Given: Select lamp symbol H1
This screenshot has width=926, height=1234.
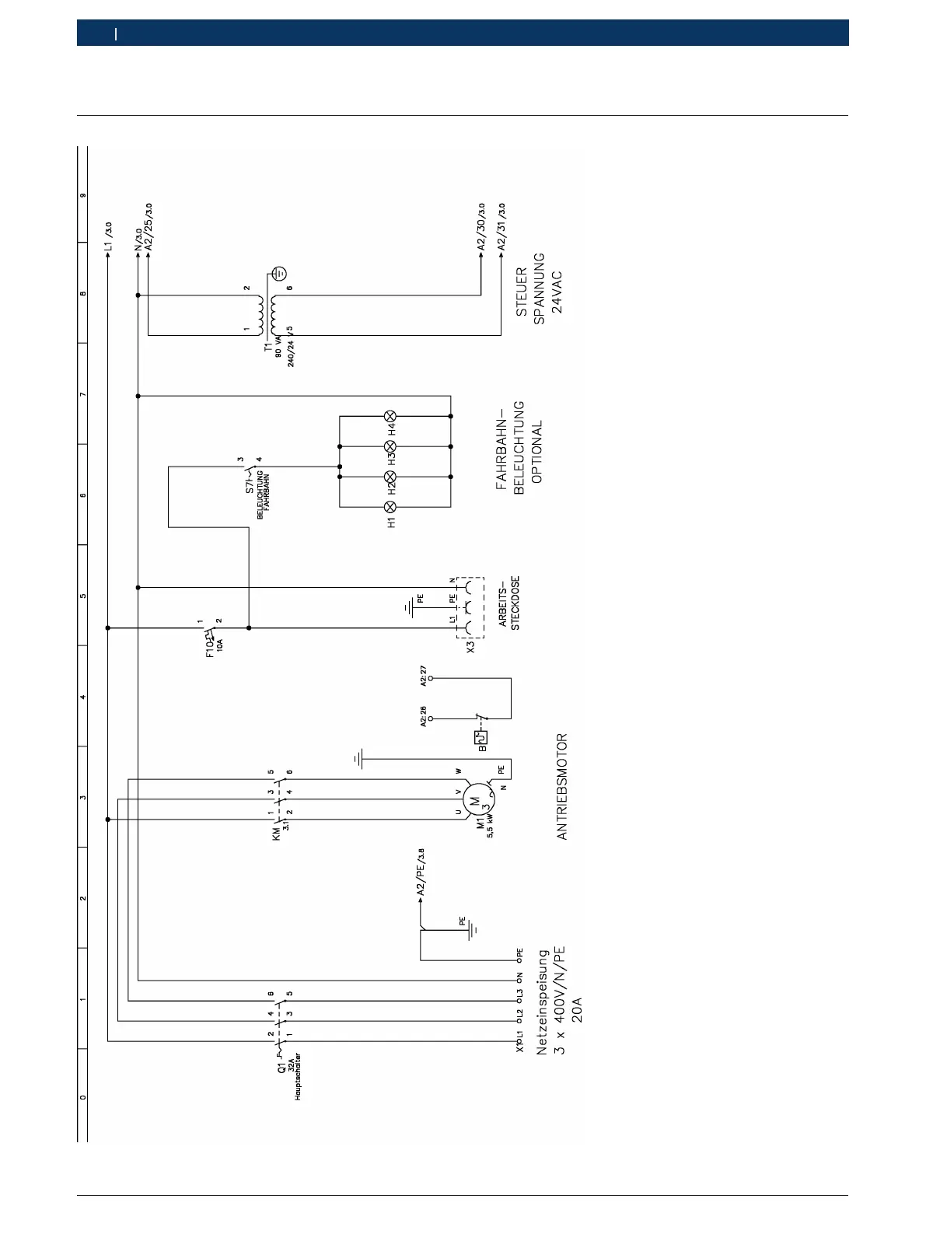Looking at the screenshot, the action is pyautogui.click(x=391, y=507).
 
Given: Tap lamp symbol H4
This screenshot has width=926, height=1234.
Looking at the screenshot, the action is pyautogui.click(x=391, y=416).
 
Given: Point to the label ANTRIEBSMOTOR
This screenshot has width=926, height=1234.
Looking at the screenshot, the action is pyautogui.click(x=562, y=786).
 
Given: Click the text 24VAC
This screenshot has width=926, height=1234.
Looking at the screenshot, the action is pyautogui.click(x=557, y=292).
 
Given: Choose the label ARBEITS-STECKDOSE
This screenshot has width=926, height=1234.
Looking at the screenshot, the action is pyautogui.click(x=509, y=603).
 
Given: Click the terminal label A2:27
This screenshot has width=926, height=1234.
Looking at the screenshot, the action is pyautogui.click(x=423, y=676).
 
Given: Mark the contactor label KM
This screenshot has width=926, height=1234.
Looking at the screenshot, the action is pyautogui.click(x=277, y=834).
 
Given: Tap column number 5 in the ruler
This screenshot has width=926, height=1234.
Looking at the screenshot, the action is pyautogui.click(x=82, y=595).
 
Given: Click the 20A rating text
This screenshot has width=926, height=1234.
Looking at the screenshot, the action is pyautogui.click(x=576, y=1009).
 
